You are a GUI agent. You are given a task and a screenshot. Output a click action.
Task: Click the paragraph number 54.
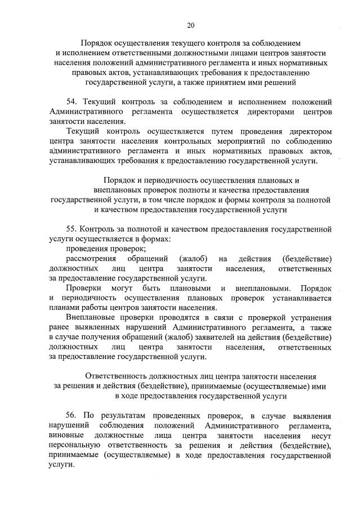(72, 101)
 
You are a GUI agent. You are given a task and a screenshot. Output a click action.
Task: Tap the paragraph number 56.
(72, 416)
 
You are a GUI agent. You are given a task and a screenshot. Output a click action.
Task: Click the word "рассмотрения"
(92, 259)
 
